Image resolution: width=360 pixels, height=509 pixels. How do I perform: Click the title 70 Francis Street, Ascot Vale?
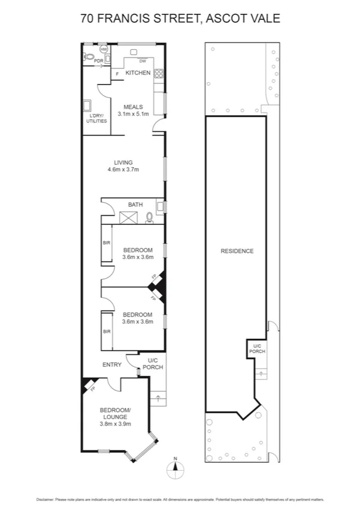tap(180, 19)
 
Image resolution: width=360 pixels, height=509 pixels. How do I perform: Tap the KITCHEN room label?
tap(137, 73)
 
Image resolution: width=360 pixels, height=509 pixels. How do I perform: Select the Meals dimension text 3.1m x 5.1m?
tap(133, 114)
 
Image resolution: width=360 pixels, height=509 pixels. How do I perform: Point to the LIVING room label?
tap(123, 162)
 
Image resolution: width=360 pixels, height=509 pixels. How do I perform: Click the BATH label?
tap(135, 205)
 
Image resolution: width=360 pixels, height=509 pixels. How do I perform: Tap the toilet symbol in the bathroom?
tap(149, 218)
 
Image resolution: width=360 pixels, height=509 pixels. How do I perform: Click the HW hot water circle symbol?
tap(104, 49)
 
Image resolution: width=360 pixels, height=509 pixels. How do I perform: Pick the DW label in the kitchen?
tap(143, 61)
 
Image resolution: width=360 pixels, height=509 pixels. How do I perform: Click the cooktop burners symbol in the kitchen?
tap(160, 74)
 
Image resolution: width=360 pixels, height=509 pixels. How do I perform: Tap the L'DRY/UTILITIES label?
tap(96, 118)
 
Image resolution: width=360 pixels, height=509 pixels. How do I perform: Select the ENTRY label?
tap(112, 365)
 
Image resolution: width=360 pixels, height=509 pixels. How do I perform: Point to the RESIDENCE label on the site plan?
tap(237, 251)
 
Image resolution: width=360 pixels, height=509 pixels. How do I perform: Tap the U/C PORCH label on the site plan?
tap(257, 349)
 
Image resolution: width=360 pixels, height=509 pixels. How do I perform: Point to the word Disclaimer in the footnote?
tap(46, 499)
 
